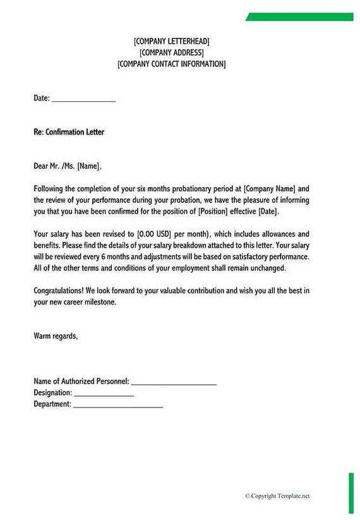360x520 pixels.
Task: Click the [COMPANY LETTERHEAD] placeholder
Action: (171, 41)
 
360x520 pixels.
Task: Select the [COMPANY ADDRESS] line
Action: (171, 52)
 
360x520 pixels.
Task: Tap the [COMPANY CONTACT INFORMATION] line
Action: (171, 64)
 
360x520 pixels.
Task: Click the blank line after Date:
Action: (83, 99)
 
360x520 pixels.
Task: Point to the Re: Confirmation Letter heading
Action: (69, 132)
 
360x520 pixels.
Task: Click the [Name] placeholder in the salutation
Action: (88, 166)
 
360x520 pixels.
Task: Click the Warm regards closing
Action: (56, 336)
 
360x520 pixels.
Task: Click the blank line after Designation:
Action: (104, 394)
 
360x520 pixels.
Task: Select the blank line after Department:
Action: (118, 405)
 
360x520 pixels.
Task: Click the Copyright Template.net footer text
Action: (277, 496)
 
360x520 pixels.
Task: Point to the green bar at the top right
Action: (300, 17)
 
